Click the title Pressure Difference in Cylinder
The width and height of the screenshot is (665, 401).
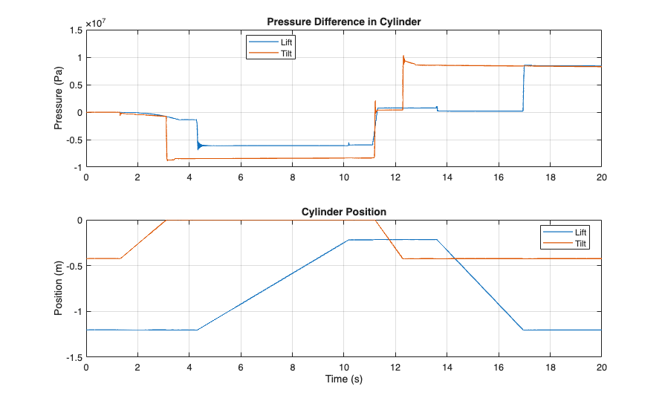coord(343,22)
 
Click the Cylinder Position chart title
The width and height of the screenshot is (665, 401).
coord(343,212)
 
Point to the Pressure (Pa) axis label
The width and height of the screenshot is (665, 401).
coord(59,99)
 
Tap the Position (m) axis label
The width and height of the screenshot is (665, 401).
coord(59,289)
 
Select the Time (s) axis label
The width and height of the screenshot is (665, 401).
coord(343,379)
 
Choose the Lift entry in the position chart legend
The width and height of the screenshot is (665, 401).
coord(580,232)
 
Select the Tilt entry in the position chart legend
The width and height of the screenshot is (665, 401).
coord(580,244)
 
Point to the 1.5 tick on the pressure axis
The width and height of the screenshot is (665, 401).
coord(75,30)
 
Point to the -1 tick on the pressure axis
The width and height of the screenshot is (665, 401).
coord(77,167)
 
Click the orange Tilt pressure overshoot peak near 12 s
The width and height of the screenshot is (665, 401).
coord(403,56)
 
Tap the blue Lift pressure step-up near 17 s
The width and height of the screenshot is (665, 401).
coord(523,89)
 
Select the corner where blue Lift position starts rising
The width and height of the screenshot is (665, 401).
coord(197,330)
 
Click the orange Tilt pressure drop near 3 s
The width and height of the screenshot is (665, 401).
coord(166,137)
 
